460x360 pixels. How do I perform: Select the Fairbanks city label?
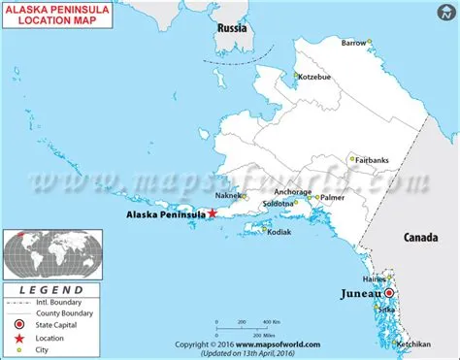point(374,159)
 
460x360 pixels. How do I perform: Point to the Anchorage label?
point(292,192)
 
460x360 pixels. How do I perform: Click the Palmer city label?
point(333,197)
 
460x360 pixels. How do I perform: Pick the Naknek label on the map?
point(229,195)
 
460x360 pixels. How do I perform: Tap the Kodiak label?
point(277,232)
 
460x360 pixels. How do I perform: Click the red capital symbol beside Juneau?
point(388,292)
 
